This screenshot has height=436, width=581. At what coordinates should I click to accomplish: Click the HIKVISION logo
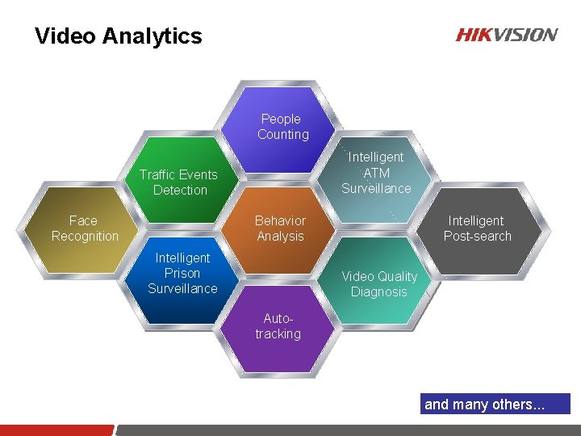pyautogui.click(x=506, y=35)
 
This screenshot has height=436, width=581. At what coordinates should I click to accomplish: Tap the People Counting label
pyautogui.click(x=282, y=127)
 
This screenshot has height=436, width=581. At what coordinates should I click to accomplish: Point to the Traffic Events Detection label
pyautogui.click(x=178, y=182)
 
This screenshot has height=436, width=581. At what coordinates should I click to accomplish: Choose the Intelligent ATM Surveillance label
pyautogui.click(x=376, y=173)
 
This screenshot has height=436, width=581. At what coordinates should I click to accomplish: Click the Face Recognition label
pyautogui.click(x=84, y=228)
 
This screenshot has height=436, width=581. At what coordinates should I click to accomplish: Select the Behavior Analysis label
pyautogui.click(x=280, y=228)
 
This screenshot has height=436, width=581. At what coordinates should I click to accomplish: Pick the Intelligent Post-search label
pyautogui.click(x=477, y=228)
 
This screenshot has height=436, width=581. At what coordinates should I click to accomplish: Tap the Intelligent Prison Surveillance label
pyautogui.click(x=182, y=273)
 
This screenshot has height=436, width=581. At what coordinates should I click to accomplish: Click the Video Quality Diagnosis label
pyautogui.click(x=378, y=284)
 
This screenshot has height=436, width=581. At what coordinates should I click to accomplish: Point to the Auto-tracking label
pyautogui.click(x=278, y=326)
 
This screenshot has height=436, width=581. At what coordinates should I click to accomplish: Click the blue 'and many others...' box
pyautogui.click(x=495, y=404)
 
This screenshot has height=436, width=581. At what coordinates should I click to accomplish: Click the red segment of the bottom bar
pyautogui.click(x=56, y=430)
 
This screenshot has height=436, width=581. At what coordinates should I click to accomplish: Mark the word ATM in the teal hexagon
pyautogui.click(x=376, y=173)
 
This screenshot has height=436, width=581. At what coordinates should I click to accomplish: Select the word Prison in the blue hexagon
pyautogui.click(x=182, y=273)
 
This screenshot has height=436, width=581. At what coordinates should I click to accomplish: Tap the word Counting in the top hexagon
pyautogui.click(x=283, y=135)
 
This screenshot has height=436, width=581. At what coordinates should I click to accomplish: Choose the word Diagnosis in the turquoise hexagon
pyautogui.click(x=378, y=292)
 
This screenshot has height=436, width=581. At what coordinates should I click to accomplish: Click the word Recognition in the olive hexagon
pyautogui.click(x=85, y=237)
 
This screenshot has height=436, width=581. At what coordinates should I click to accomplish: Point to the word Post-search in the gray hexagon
pyautogui.click(x=477, y=237)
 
